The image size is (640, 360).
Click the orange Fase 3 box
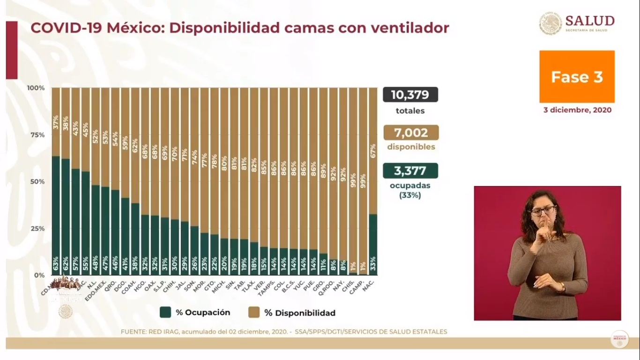(x=577, y=77)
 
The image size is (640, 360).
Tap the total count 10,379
(x=410, y=95)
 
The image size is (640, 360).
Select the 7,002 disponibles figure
(x=410, y=133)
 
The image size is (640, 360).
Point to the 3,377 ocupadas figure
(x=410, y=171)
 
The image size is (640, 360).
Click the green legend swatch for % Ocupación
(x=165, y=313)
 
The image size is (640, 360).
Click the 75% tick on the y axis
(x=36, y=135)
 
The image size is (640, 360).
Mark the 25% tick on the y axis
(x=36, y=229)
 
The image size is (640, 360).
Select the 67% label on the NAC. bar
(x=373, y=139)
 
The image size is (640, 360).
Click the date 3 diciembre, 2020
(x=577, y=111)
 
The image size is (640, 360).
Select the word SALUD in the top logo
(x=589, y=21)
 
